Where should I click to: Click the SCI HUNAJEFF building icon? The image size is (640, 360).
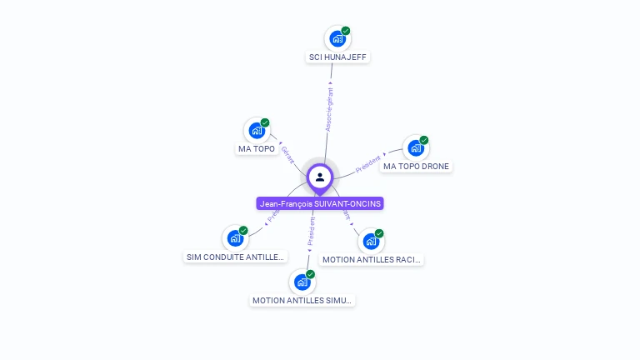[337, 38]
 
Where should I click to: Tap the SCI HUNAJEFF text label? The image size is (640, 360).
[337, 57]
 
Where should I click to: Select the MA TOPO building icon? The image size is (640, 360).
[256, 131]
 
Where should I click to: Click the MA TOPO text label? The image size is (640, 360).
[256, 149]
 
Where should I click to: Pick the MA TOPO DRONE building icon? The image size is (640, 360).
[415, 148]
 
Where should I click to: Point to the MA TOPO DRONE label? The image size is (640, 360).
[416, 167]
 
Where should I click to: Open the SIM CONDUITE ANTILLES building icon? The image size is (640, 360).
[235, 238]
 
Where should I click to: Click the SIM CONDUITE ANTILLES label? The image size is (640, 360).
[235, 257]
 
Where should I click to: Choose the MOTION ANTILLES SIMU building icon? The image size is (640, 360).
[302, 282]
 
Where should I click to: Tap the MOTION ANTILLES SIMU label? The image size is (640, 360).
[302, 300]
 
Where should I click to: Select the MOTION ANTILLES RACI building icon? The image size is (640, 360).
[371, 241]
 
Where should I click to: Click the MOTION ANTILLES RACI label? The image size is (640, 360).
[372, 259]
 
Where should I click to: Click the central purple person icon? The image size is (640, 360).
[320, 177]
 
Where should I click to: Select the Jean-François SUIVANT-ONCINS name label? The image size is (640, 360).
[320, 203]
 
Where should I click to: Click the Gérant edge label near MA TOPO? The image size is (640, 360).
[288, 154]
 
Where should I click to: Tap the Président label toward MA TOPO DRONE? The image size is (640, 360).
[367, 163]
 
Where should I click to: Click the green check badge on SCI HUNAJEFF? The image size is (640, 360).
[346, 31]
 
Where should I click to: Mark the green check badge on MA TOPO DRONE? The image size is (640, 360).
[424, 140]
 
